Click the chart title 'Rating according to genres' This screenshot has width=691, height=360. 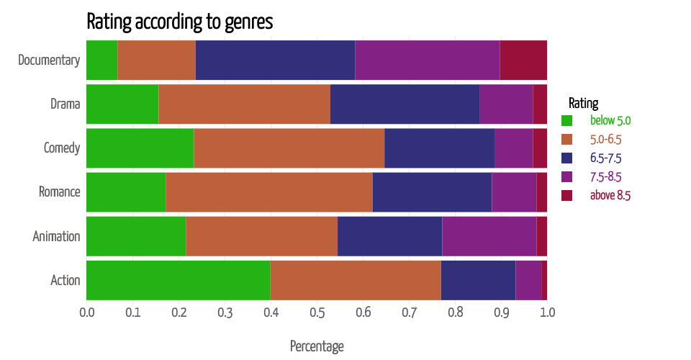click(x=179, y=22)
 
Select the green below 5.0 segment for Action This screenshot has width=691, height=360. click(x=178, y=280)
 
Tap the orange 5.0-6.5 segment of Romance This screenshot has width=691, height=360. click(x=269, y=192)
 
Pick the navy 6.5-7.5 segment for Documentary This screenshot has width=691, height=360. click(x=275, y=60)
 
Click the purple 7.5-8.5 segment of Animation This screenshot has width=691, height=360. click(x=489, y=236)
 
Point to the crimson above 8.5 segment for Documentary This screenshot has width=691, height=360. click(x=523, y=60)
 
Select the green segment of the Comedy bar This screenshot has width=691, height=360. click(x=140, y=148)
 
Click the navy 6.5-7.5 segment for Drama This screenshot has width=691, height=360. click(x=405, y=104)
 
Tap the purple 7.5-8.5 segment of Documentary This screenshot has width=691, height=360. click(x=428, y=60)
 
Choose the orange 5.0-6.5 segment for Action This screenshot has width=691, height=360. click(x=356, y=280)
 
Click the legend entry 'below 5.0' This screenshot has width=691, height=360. click(x=610, y=121)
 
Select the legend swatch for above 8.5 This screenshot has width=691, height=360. click(x=566, y=196)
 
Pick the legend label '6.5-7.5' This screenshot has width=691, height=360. click(x=605, y=158)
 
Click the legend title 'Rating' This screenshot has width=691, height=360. click(x=583, y=103)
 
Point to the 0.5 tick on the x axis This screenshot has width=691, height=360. click(x=317, y=312)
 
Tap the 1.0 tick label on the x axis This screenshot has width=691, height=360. click(x=547, y=312)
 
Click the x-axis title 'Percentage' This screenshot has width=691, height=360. click(x=317, y=346)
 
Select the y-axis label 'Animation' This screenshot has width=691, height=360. click(x=56, y=236)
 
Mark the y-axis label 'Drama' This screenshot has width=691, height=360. click(x=65, y=104)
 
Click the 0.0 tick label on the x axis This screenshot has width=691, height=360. click(x=86, y=312)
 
